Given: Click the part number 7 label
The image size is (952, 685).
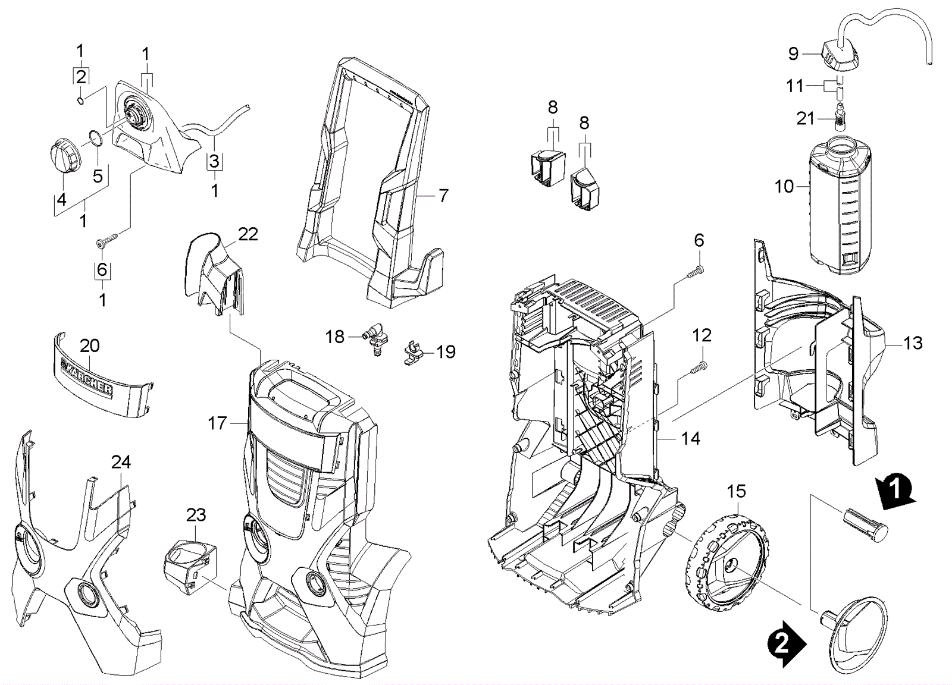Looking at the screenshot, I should pos(443,196).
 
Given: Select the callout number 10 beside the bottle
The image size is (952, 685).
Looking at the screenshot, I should pos(784,187).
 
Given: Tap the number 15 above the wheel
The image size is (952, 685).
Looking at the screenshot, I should pos(736,492).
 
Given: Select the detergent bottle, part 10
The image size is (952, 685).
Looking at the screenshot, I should pos(840,205).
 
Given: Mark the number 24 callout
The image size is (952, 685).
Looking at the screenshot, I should pos(121,462).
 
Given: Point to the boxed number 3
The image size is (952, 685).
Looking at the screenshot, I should pos(214,161).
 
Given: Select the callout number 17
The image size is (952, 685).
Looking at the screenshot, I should pos(217,423).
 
